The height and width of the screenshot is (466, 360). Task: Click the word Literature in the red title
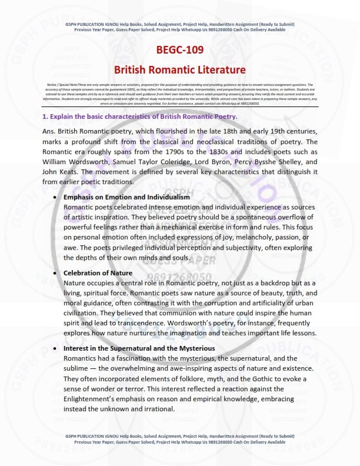220,70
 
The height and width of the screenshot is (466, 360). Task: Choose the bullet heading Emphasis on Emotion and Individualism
126,197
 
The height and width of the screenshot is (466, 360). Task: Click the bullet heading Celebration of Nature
98,273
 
